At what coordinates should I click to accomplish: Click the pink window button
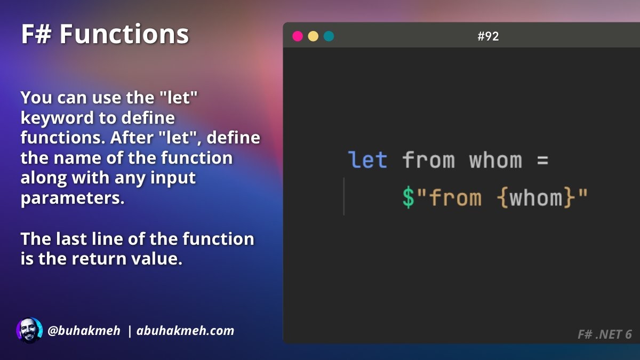[x=298, y=36]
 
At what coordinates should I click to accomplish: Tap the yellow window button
[x=313, y=36]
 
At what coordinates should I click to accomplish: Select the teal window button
[x=329, y=36]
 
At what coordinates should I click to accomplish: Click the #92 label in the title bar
[x=488, y=36]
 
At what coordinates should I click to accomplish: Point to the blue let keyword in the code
[x=367, y=159]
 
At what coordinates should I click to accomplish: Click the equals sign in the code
[x=542, y=161]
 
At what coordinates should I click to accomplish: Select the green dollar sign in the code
[x=409, y=197]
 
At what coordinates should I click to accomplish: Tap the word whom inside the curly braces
[x=536, y=197]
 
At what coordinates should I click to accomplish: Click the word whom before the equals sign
[x=495, y=159]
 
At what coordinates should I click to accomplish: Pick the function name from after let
[x=428, y=159]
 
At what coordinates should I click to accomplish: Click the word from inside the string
[x=455, y=197]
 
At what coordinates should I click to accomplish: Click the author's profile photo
[x=29, y=331]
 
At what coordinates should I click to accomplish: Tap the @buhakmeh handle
[x=84, y=331]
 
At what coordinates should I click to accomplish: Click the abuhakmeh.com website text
[x=185, y=331]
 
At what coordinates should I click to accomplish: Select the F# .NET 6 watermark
[x=605, y=334]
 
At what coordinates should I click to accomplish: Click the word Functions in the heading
[x=124, y=34]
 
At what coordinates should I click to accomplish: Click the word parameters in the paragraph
[x=73, y=198]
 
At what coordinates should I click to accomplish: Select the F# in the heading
[x=36, y=34]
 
